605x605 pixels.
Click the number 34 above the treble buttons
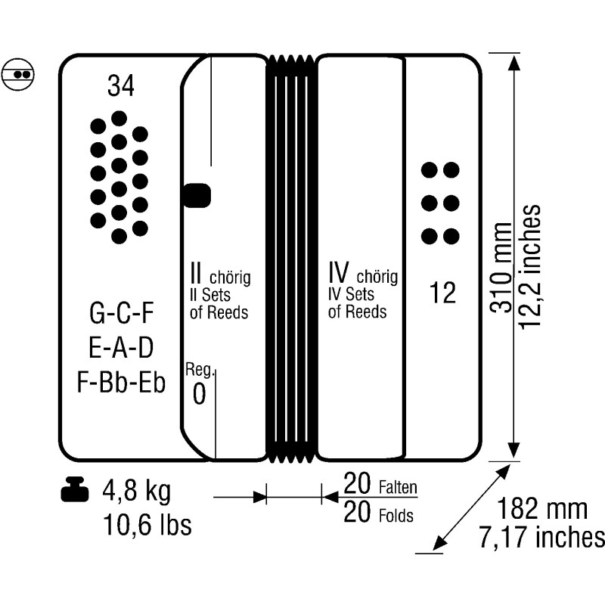click(121, 85)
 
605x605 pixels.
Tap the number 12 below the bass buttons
click(442, 292)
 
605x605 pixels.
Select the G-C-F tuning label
click(122, 312)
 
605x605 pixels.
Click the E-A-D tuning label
click(121, 347)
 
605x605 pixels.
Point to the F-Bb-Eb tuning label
click(121, 382)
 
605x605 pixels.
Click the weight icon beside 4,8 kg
click(75, 489)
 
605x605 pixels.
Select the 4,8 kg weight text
click(137, 491)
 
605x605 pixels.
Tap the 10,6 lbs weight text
click(147, 524)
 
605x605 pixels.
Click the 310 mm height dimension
click(501, 268)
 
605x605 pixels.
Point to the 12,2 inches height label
click(529, 267)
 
